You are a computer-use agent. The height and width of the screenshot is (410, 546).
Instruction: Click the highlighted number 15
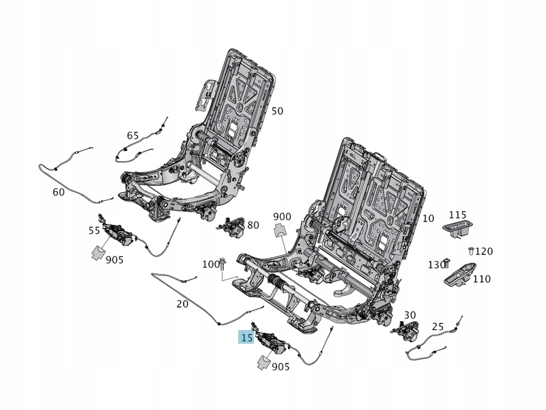(x=246, y=338)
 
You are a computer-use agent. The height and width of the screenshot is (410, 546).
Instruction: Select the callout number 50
(x=277, y=111)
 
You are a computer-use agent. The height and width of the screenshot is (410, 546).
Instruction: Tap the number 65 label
(x=132, y=135)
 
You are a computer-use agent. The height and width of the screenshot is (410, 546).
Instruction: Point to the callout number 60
(x=59, y=192)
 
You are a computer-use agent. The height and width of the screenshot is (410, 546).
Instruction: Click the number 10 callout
(x=428, y=219)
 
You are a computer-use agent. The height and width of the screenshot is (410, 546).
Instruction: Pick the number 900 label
(x=282, y=217)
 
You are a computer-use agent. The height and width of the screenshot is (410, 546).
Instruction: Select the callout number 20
(x=182, y=303)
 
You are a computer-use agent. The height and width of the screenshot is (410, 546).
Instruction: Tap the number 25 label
(x=438, y=327)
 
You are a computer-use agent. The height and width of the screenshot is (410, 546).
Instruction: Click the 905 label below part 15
(x=281, y=367)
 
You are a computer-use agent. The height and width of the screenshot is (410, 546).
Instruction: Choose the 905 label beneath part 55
(x=115, y=260)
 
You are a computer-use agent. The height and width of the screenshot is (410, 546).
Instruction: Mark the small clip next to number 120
(x=471, y=251)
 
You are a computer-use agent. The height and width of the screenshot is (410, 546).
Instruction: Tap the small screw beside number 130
(x=446, y=262)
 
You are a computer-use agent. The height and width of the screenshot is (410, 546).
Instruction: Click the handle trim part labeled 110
(x=461, y=275)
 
